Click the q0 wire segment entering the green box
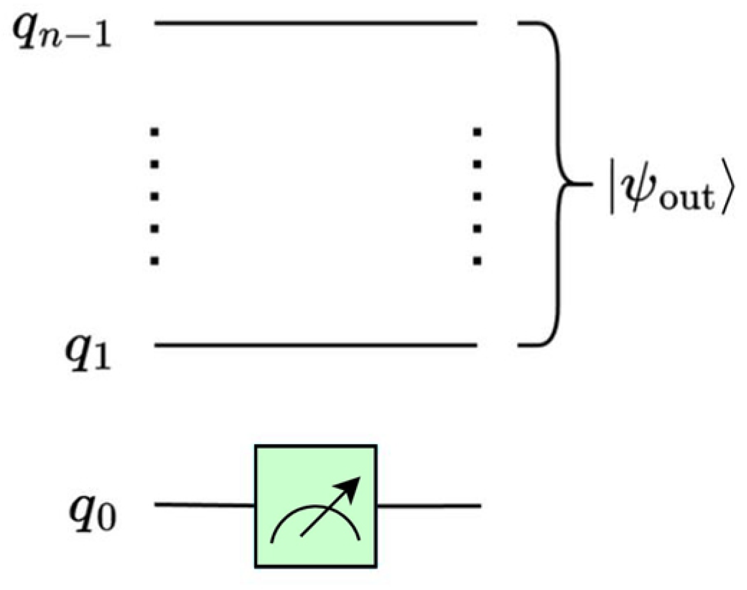(x=205, y=505)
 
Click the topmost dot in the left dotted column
(x=154, y=133)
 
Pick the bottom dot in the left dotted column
(x=154, y=260)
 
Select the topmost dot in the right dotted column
(x=477, y=133)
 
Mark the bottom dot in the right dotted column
(x=477, y=260)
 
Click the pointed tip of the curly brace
(x=586, y=184)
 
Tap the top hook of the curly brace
(x=529, y=24)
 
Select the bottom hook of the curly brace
(x=529, y=345)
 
